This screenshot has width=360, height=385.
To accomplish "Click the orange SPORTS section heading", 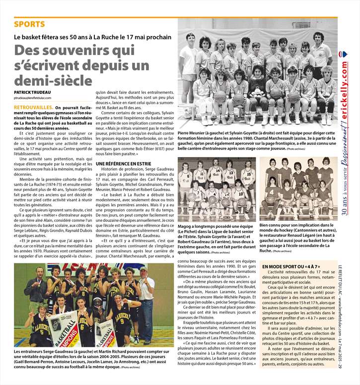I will (29, 24).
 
